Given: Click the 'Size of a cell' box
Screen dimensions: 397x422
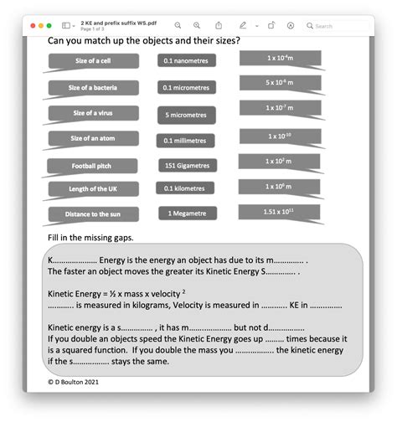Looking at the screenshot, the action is point(93,61).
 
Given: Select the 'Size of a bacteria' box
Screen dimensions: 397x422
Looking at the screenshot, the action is point(93,87).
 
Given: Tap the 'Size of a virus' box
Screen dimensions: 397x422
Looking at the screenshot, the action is point(93,114).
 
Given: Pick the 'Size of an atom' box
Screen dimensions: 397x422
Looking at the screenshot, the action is point(93,139).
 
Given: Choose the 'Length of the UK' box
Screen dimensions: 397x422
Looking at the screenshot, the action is point(93,189).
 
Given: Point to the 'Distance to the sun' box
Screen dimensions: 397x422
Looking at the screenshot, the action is point(93,214).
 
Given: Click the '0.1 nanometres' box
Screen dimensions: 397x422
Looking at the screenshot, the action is point(187,61).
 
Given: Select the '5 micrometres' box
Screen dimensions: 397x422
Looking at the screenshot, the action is point(187,115).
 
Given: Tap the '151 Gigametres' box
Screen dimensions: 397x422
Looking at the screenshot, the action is point(187,166).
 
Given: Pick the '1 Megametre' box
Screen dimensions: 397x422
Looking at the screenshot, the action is point(187,214).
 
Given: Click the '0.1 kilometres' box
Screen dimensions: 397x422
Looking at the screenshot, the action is point(187,189).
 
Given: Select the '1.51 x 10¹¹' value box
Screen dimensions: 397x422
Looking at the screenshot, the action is point(280,213).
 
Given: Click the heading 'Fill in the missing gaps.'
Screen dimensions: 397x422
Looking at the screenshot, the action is point(90,238).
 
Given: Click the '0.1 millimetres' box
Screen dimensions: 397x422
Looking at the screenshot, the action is point(187,140).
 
